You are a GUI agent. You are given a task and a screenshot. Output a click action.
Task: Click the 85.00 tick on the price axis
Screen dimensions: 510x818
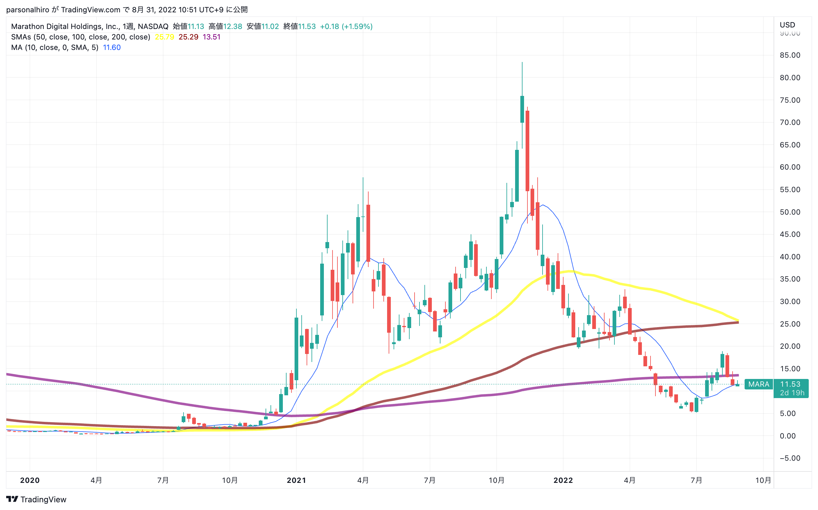pos(790,55)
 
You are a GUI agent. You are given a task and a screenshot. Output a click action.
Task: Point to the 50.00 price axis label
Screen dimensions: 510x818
pos(790,212)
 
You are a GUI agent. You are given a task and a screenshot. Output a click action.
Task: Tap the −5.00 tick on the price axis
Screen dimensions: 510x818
pos(790,458)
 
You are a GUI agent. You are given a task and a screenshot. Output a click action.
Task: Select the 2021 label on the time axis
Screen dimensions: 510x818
pos(296,480)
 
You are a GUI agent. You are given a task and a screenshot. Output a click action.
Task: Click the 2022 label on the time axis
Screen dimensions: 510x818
pos(563,480)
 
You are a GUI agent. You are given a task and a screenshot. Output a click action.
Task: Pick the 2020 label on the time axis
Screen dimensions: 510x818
pos(30,480)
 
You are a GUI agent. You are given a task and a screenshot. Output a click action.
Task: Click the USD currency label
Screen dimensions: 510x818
pos(787,25)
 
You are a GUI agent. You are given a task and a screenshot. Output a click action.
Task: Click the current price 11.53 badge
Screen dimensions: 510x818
pos(790,384)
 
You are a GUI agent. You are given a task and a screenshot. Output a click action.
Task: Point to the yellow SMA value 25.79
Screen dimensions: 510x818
pos(164,37)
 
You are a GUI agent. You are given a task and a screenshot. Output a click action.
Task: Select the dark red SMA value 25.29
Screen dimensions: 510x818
pos(188,37)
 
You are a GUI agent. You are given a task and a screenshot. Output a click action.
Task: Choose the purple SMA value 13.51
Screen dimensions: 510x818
pos(212,37)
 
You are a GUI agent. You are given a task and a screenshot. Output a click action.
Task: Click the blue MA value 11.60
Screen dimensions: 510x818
pos(112,47)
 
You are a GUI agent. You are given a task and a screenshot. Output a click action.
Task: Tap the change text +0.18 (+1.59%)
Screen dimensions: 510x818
pos(346,26)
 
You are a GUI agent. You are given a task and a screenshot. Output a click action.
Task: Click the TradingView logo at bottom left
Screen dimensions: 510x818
pos(36,499)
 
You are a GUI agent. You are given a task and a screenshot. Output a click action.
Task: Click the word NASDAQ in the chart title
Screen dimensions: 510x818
pos(153,26)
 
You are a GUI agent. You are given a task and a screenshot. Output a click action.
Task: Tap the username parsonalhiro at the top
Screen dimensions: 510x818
pos(28,10)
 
